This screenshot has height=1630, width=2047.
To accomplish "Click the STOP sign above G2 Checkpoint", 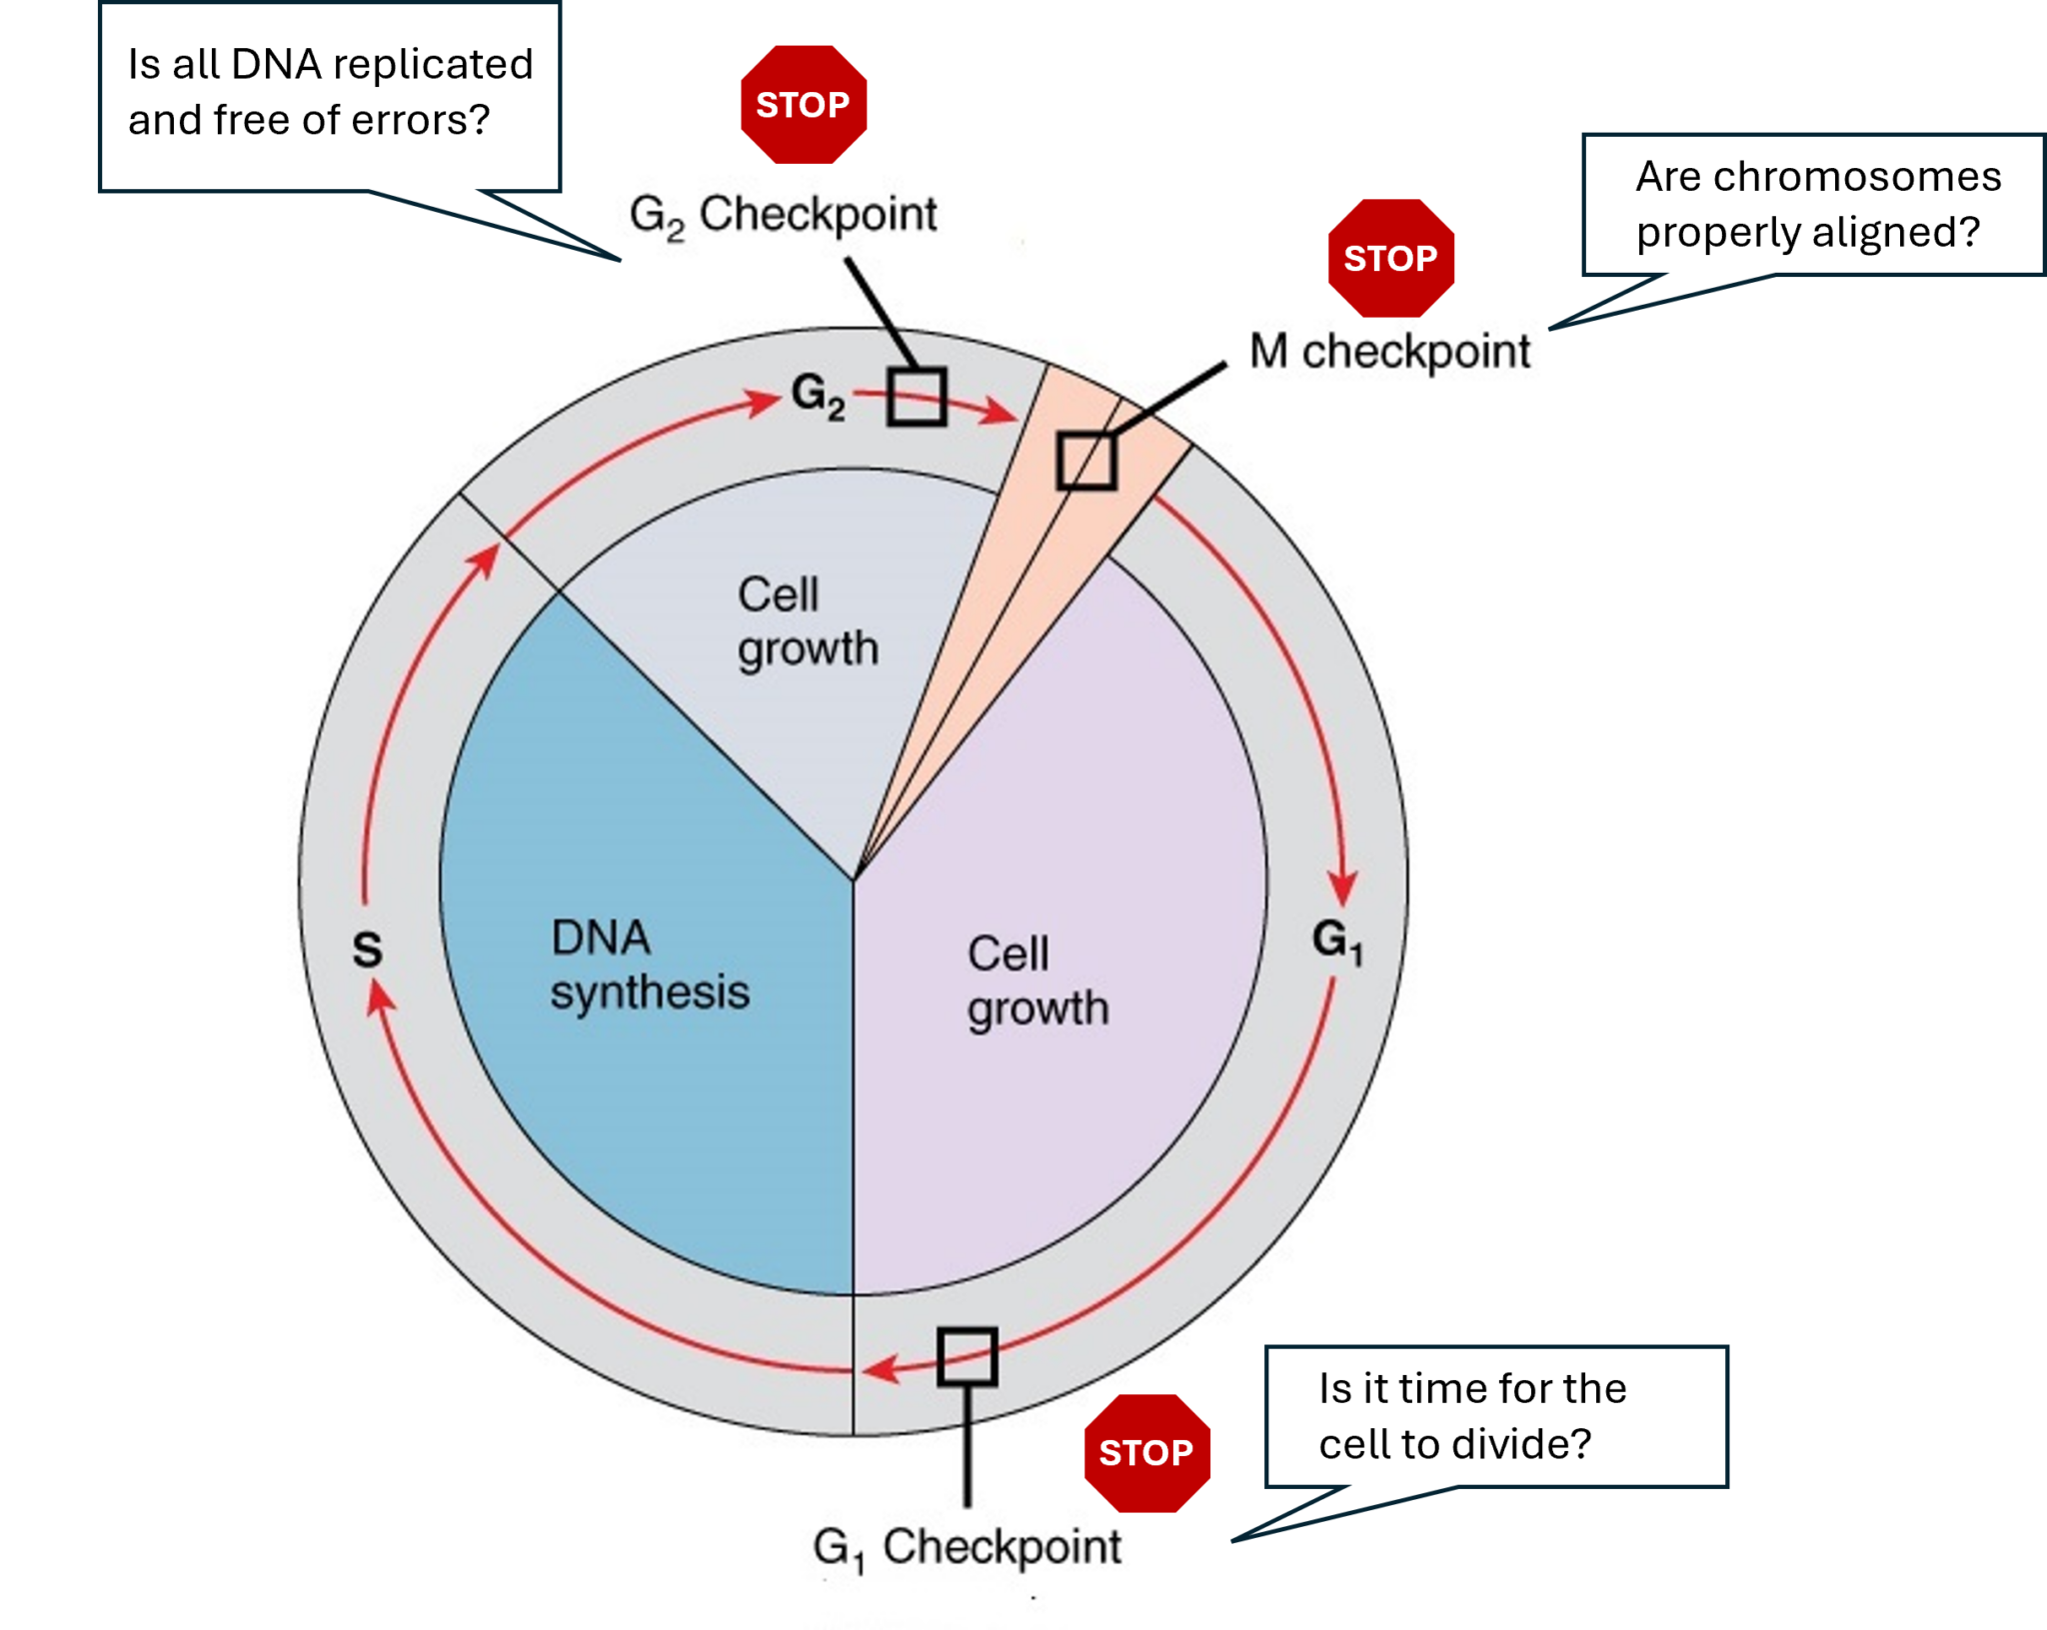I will click(x=803, y=104).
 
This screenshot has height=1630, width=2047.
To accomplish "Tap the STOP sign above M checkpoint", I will click(x=1390, y=258).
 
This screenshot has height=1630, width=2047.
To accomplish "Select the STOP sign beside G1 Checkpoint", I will click(x=1146, y=1452).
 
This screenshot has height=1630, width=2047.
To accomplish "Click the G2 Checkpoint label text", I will click(x=783, y=215).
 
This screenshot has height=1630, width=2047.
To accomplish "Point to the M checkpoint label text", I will click(x=1389, y=352).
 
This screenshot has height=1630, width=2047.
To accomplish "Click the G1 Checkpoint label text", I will click(x=967, y=1547).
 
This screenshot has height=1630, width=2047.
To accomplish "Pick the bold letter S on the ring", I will click(x=367, y=949).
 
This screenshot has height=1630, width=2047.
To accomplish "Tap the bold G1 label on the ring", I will click(x=1336, y=940).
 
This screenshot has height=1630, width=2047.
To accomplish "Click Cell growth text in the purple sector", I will click(x=1036, y=981).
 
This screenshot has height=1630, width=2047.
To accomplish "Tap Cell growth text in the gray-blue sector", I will click(x=806, y=622).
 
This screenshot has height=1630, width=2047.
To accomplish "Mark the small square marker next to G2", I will click(x=917, y=397).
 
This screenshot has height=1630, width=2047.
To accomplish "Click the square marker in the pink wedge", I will click(x=1086, y=461).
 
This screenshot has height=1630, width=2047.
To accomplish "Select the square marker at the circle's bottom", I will click(x=967, y=1356).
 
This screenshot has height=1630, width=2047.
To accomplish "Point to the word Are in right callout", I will click(x=1667, y=177).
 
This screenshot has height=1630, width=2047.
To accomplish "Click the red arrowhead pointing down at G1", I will click(x=1342, y=886).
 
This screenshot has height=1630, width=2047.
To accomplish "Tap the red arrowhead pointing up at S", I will click(x=379, y=995).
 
